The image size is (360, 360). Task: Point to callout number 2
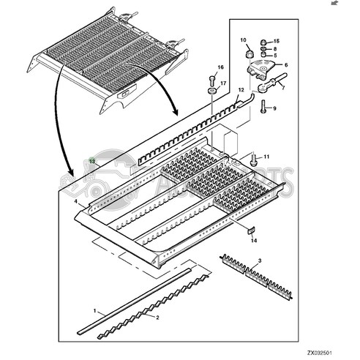[156, 318]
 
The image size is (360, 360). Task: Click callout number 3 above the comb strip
[260, 251]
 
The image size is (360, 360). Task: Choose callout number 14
[254, 239]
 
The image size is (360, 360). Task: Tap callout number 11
[267, 157]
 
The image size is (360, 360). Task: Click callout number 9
[274, 109]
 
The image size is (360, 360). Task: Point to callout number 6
[286, 65]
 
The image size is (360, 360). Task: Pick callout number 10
[244, 39]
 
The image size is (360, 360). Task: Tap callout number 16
[219, 68]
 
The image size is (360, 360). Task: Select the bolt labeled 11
[253, 157]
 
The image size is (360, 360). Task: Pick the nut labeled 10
[248, 54]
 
